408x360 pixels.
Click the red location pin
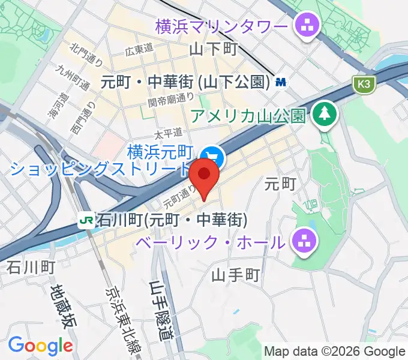[x=204, y=175]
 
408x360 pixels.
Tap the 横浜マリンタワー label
[x=221, y=26]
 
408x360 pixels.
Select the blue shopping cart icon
[x=213, y=158]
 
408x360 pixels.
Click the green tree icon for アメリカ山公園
[x=325, y=113]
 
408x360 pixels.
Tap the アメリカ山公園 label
[x=248, y=116]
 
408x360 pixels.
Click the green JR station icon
[x=86, y=221]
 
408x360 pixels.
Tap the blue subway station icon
[x=280, y=83]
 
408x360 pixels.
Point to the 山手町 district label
[x=236, y=275]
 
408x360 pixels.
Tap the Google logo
[x=40, y=346]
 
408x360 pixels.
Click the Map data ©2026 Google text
[x=335, y=352]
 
